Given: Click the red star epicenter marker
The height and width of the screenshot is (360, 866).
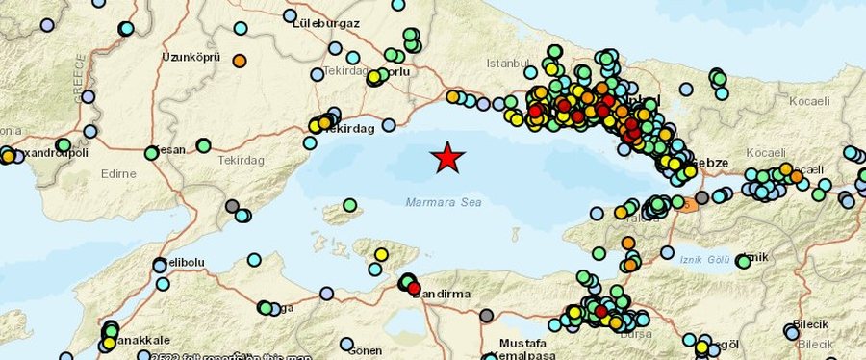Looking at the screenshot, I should [446, 158].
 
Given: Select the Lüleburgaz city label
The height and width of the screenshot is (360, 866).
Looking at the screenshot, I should [326, 21].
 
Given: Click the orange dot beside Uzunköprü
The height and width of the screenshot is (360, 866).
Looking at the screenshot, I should [240, 61].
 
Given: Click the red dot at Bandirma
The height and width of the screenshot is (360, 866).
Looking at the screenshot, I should [414, 288].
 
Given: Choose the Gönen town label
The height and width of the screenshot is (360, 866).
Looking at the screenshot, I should [367, 351].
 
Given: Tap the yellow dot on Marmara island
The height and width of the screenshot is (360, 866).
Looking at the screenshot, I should [381, 254].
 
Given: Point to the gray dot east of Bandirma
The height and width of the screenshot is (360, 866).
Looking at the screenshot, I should [486, 315].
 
